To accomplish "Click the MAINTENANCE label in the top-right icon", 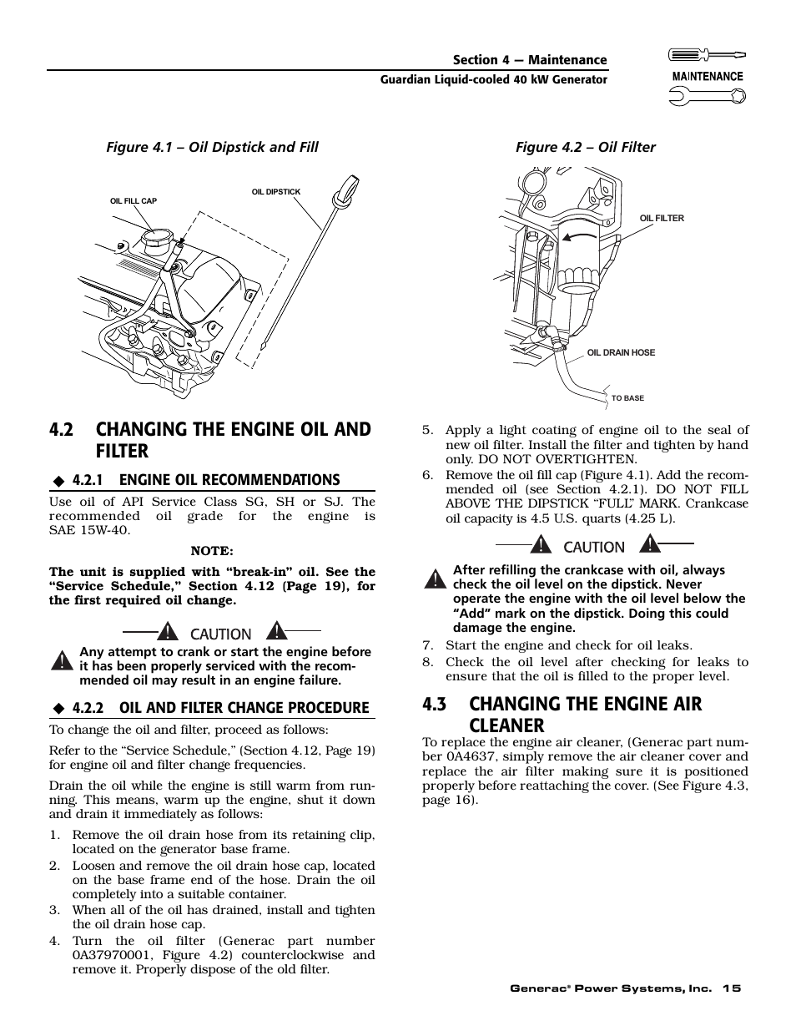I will pyautogui.click(x=708, y=76).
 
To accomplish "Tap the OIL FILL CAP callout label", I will pyautogui.click(x=134, y=201).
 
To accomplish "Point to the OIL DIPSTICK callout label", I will pyautogui.click(x=276, y=192).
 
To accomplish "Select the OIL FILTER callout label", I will pyautogui.click(x=662, y=219).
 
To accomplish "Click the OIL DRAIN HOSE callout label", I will pyautogui.click(x=621, y=353).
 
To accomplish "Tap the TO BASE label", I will pyautogui.click(x=627, y=399).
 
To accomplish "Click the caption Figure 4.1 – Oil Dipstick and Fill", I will pyautogui.click(x=211, y=148).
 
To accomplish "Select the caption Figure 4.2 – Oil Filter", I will pyautogui.click(x=585, y=148).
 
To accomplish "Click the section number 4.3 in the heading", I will pyautogui.click(x=436, y=704).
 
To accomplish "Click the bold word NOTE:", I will pyautogui.click(x=212, y=551).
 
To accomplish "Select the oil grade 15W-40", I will pyautogui.click(x=101, y=531).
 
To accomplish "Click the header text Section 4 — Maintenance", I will pyautogui.click(x=530, y=60).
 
